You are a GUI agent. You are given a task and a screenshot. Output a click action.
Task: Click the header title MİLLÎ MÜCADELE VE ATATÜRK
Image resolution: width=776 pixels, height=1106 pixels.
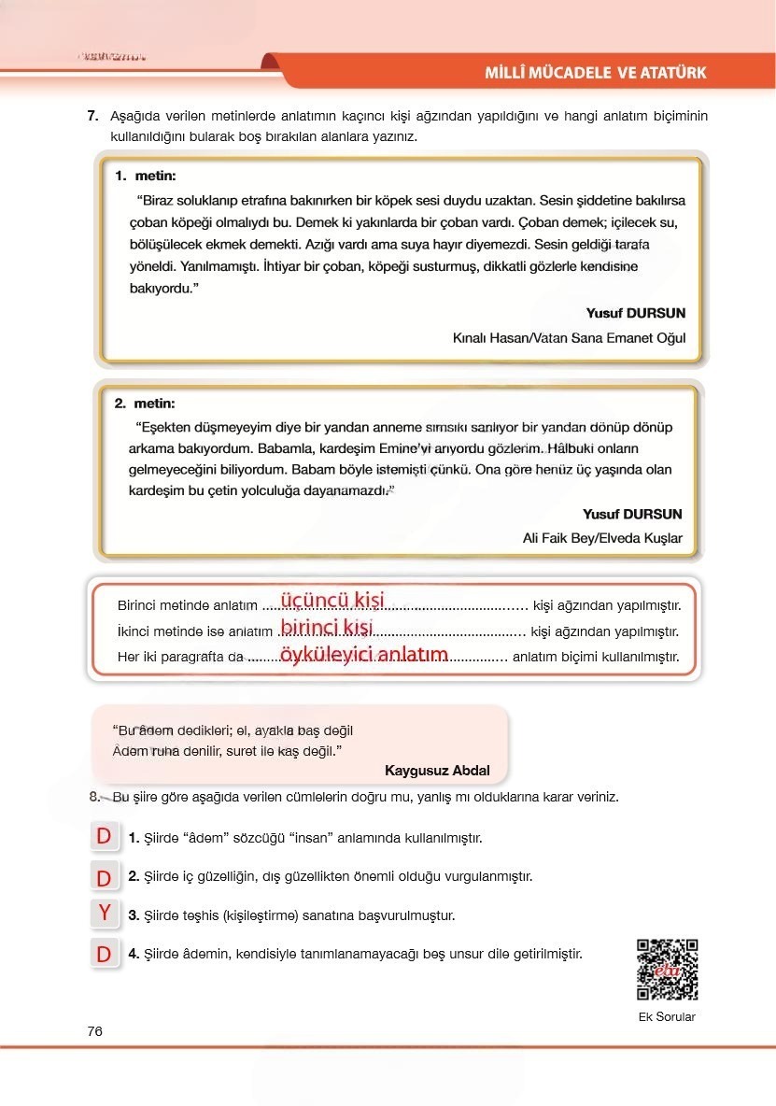coord(595,73)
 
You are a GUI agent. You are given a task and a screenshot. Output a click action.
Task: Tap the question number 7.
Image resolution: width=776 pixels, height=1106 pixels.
coord(92,117)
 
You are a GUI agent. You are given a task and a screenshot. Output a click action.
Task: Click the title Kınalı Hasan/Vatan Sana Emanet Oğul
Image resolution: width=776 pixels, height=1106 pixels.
coord(568,338)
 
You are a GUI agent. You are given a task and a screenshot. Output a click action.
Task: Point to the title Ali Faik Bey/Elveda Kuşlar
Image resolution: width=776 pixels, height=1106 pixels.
coord(602,538)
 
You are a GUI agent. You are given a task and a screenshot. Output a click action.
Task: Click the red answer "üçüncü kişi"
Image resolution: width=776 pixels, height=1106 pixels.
coord(332,601)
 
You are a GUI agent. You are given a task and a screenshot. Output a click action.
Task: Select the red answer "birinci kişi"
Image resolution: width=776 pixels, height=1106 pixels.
coord(326,627)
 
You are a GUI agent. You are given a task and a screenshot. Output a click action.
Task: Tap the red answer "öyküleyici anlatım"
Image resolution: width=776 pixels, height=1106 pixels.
coord(363,655)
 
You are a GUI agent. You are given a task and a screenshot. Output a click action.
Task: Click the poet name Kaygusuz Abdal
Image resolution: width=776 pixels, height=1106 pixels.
coord(436,771)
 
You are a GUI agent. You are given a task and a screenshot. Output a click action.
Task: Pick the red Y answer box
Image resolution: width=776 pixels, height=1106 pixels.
coord(105,913)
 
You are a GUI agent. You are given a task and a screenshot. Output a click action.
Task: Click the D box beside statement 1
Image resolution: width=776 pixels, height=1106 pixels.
coord(105,837)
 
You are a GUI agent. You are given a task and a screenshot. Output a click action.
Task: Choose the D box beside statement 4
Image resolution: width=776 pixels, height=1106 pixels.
coord(105,954)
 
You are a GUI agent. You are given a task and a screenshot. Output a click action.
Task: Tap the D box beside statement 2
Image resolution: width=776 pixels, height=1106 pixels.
coord(105,877)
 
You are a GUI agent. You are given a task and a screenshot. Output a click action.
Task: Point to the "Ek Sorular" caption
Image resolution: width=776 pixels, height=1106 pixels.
coord(667,1017)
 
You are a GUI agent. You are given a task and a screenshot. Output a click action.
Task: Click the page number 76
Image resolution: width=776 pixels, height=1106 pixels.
coord(94,1031)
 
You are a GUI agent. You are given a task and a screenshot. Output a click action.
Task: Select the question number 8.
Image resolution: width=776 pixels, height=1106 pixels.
coord(94,797)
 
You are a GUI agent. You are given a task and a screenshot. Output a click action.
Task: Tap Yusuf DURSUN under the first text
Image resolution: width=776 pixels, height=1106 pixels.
coord(635,313)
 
